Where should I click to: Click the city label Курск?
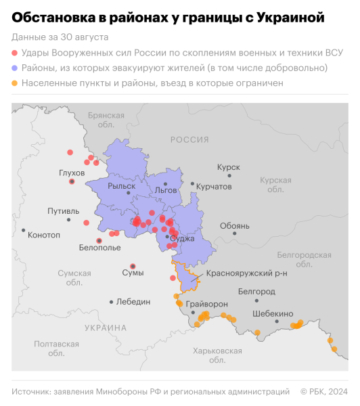(229, 166)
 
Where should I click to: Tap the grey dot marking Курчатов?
(193, 183)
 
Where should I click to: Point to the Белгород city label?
(257, 292)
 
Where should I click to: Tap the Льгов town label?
(166, 190)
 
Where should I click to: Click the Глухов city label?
(72, 173)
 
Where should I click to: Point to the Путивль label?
(63, 211)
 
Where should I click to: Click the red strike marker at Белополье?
(99, 240)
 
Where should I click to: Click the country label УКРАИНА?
(106, 328)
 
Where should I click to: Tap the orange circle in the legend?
(16, 84)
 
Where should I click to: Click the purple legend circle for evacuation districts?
(16, 68)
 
